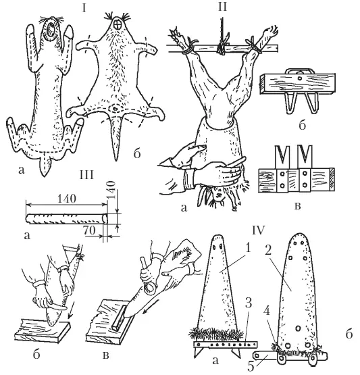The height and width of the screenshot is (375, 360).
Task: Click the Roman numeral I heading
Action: (x=84, y=8)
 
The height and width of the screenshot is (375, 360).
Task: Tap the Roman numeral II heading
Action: (x=222, y=7)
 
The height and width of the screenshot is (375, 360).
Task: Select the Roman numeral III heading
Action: (x=86, y=175)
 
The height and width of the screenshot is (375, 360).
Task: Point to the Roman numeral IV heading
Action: (x=259, y=230)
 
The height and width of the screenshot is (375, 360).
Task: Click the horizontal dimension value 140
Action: (x=67, y=199)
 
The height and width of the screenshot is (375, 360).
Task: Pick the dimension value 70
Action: (x=89, y=230)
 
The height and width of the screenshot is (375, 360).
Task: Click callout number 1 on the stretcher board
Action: (x=249, y=249)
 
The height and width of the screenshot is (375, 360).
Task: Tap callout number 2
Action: (x=268, y=250)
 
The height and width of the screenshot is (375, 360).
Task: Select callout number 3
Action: (x=249, y=303)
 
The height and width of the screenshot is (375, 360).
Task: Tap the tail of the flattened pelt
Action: (x=116, y=136)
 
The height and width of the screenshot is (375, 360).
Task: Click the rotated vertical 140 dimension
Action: (x=111, y=191)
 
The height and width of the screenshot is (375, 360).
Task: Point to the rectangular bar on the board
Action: (x=119, y=318)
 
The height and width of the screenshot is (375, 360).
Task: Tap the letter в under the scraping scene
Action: (x=105, y=355)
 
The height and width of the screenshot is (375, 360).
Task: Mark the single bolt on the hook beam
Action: (x=299, y=78)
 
